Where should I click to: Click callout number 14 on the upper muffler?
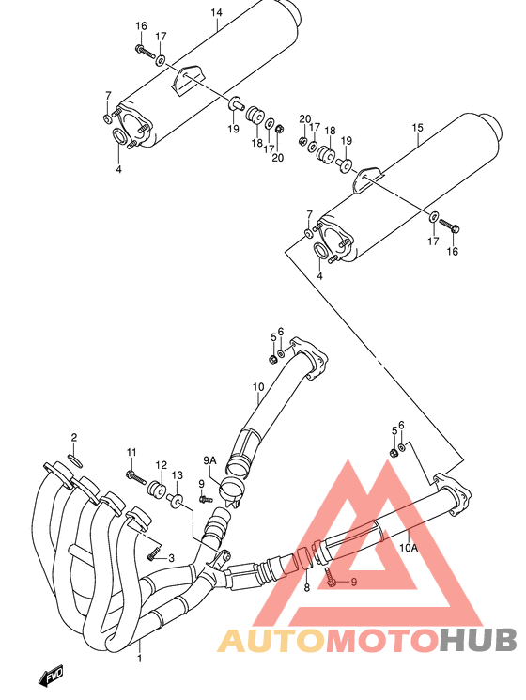[x=217, y=12]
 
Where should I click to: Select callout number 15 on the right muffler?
[x=418, y=127]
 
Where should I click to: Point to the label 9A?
[x=209, y=459]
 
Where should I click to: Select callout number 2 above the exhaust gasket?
[x=74, y=438]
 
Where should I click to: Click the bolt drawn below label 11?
[x=136, y=477]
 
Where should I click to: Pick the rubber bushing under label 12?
[x=157, y=490]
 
